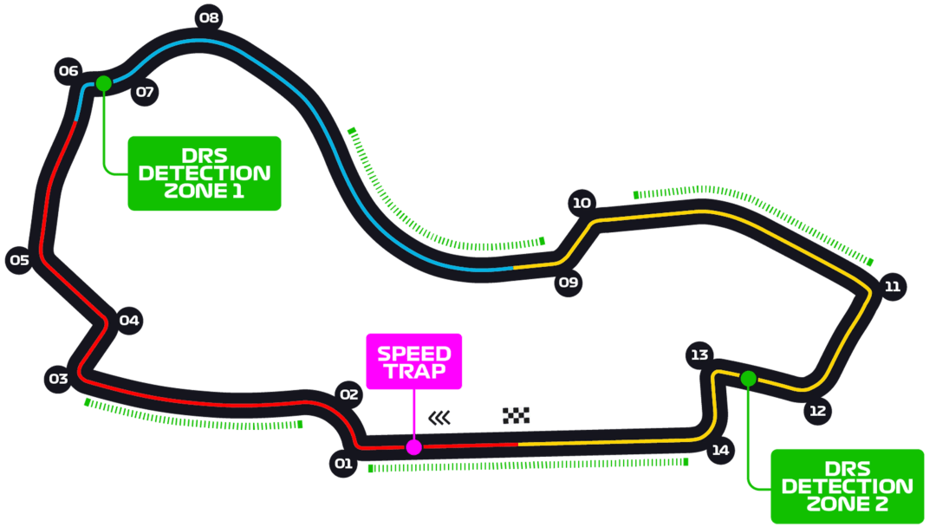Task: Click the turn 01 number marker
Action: coord(343,464)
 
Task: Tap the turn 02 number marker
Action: coord(348,394)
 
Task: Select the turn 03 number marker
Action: coord(58,379)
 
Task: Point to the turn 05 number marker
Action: coord(19,260)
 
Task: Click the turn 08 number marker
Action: coord(209,17)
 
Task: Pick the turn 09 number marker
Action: coord(569,282)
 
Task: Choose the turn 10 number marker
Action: coord(582,204)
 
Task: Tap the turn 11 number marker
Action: coord(893,287)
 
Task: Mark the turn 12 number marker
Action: coord(817,411)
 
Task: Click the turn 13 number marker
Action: coord(699,355)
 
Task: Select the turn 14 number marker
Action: coord(720,450)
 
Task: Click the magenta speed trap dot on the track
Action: coord(414,447)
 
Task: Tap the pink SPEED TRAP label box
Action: coord(414,361)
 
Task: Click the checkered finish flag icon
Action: coord(516,415)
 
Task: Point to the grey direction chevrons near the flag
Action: coord(440,418)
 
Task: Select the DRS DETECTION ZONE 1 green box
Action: coord(205,173)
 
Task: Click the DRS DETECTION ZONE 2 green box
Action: coord(847,486)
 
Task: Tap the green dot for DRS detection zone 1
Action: coord(104,83)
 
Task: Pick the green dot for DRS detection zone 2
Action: coord(748,378)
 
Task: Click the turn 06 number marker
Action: coord(68,71)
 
